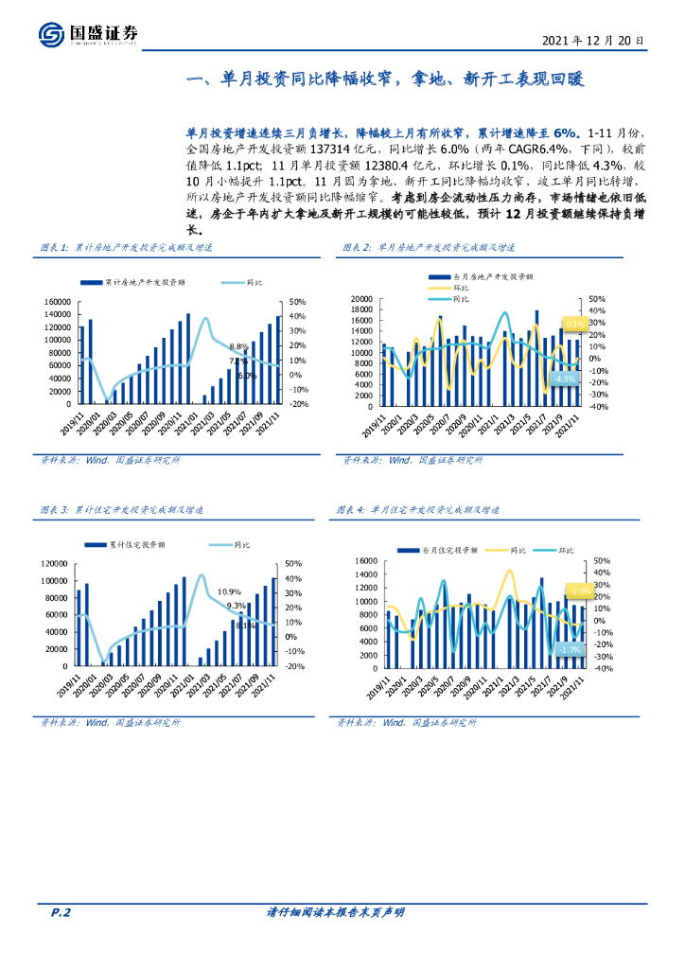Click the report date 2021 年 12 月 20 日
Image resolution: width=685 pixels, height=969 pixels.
pos(594,42)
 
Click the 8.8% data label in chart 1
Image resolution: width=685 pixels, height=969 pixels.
pos(237,346)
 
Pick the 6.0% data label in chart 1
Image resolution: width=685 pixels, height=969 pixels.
pos(247,375)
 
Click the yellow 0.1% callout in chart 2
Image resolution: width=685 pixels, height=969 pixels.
pos(575,324)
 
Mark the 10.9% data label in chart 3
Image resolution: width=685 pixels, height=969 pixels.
pos(229,591)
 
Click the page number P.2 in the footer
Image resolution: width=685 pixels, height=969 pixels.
pos(61,912)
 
